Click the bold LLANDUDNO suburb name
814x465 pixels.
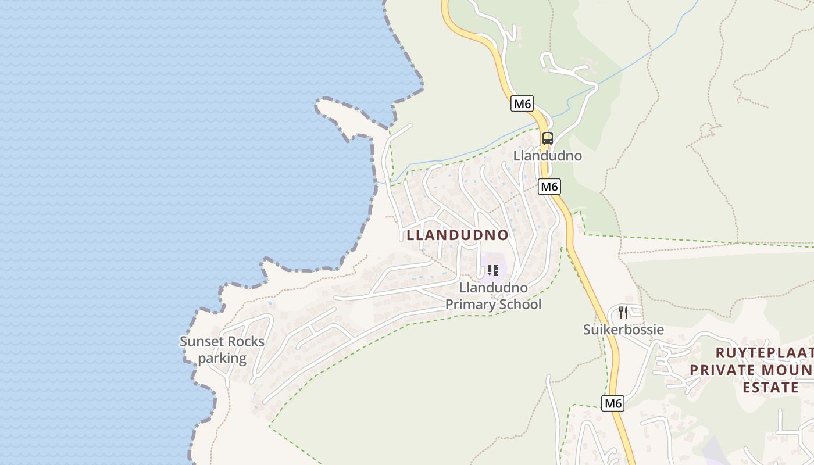pos(458,235)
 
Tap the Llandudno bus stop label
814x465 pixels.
pos(547,156)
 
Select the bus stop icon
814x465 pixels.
pos(547,138)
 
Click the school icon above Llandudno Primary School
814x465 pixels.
pos(493,270)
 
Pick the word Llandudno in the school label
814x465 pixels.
pos(493,288)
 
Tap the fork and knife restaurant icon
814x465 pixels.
pos(623,313)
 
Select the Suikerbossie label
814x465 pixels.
pos(623,330)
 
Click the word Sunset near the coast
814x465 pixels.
pos(201,341)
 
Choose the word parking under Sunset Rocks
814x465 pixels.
pos(222,358)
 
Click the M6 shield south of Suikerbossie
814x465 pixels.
pos(613,403)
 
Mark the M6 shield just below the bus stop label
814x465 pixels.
pos(549,187)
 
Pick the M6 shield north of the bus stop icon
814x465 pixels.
pos(522,104)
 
